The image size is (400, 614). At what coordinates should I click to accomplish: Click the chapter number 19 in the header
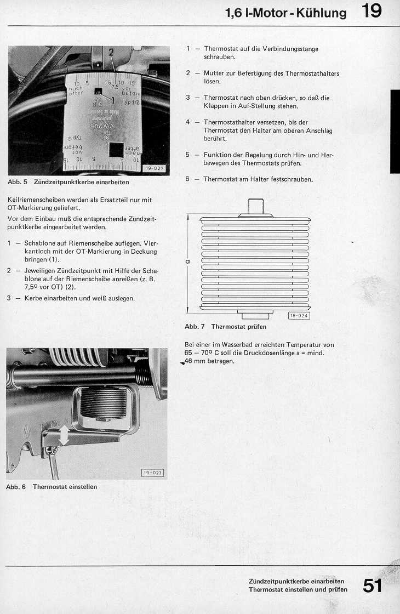point(372,11)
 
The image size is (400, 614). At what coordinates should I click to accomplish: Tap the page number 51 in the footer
point(372,585)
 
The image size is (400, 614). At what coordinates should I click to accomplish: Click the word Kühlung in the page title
point(322,13)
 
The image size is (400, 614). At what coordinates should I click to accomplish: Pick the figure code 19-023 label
point(152,473)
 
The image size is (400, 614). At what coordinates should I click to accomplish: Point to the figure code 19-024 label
point(299,315)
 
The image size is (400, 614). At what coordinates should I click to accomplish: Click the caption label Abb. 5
point(17,181)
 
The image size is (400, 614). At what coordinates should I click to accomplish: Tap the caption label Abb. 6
point(16,487)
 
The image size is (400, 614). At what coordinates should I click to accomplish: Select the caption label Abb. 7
point(194,327)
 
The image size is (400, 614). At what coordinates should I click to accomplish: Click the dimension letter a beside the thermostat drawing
point(187,261)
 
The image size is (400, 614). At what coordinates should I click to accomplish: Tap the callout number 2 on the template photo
point(111,53)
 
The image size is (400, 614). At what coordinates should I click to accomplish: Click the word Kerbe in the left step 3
point(34,298)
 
